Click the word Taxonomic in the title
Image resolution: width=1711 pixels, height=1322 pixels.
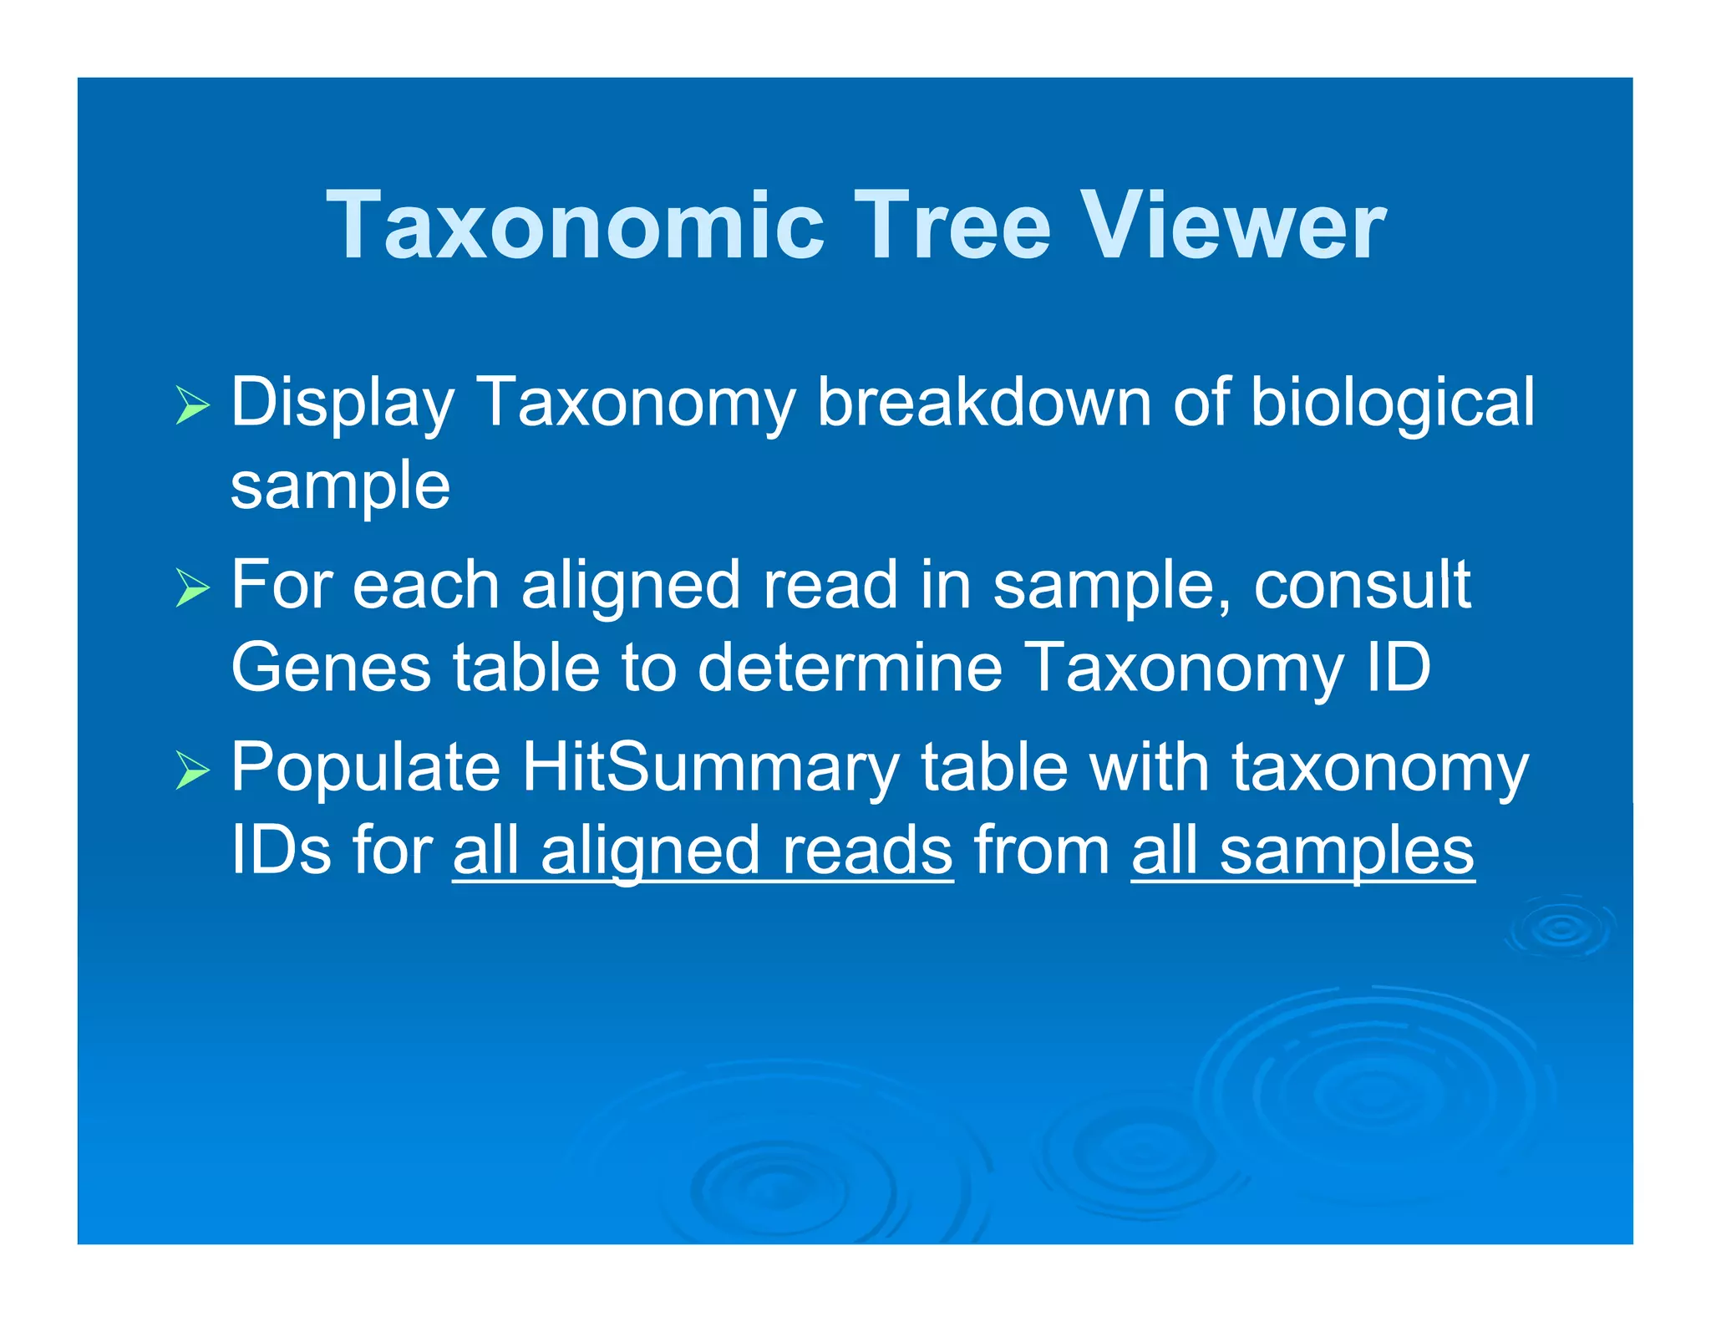click(576, 226)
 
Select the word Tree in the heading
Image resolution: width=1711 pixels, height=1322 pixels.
click(952, 226)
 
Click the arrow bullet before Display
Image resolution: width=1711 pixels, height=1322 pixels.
click(193, 405)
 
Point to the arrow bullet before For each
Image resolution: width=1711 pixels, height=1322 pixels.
click(193, 587)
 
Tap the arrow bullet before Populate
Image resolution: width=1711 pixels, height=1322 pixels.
click(193, 770)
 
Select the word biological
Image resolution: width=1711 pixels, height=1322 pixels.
click(1392, 404)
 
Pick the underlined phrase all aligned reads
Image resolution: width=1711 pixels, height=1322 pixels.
click(703, 851)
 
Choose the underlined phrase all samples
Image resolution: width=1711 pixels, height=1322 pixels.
click(1302, 851)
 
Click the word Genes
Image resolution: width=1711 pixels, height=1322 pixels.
click(331, 668)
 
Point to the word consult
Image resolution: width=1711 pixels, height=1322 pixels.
click(1362, 585)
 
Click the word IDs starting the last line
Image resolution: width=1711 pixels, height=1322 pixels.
click(281, 851)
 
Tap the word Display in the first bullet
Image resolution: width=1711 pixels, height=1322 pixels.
click(342, 404)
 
